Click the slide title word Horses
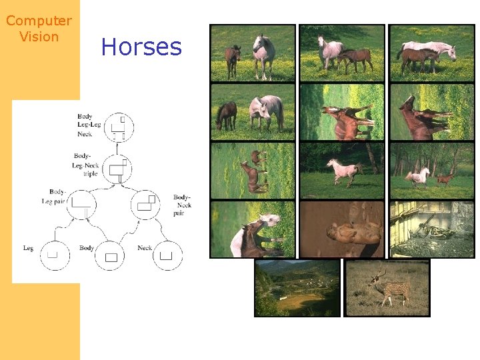[141, 47]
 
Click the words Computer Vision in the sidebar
[39, 29]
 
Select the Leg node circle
[54, 254]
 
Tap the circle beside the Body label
[110, 255]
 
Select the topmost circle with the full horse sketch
[118, 127]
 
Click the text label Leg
[28, 248]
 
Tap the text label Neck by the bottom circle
[145, 248]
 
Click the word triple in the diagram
[90, 174]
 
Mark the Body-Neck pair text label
[183, 205]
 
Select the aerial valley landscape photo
[297, 288]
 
